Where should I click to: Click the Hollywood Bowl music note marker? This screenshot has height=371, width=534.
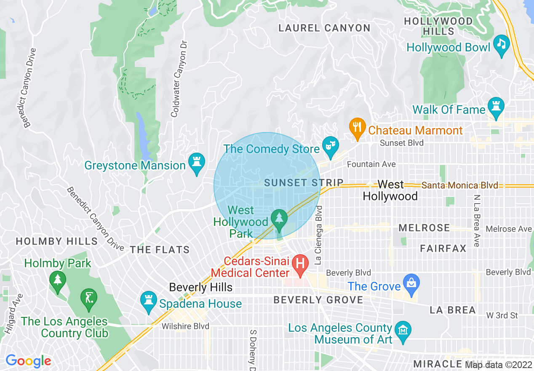pyautogui.click(x=501, y=44)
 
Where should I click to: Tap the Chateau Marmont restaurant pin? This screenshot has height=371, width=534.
pyautogui.click(x=357, y=126)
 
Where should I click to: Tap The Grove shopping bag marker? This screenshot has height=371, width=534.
pyautogui.click(x=410, y=282)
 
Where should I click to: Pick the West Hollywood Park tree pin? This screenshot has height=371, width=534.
pyautogui.click(x=279, y=218)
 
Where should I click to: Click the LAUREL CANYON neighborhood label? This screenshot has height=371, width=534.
pyautogui.click(x=324, y=28)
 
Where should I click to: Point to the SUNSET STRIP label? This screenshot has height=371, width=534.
pyautogui.click(x=304, y=183)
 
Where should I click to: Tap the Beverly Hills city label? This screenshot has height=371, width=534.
pyautogui.click(x=200, y=288)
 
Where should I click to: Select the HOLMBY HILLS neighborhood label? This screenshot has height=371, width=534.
pyautogui.click(x=57, y=242)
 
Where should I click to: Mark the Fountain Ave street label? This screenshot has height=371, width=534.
pyautogui.click(x=371, y=164)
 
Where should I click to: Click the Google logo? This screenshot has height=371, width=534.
pyautogui.click(x=28, y=361)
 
